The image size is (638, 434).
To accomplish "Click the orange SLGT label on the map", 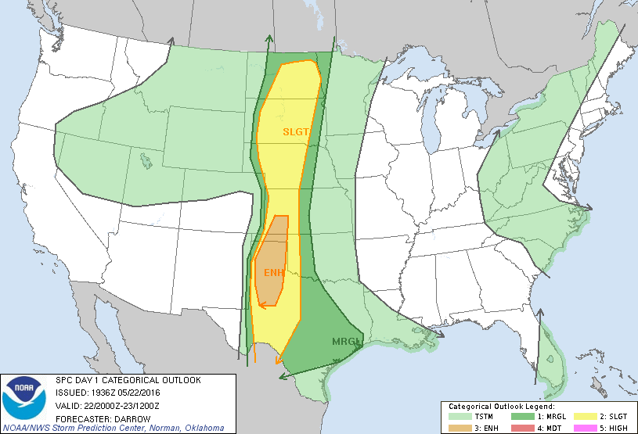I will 296,131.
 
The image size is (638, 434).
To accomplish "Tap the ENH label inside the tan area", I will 272,272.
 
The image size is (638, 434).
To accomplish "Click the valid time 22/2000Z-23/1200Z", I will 122,404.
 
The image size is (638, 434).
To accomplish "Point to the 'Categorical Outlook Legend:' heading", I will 501,407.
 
